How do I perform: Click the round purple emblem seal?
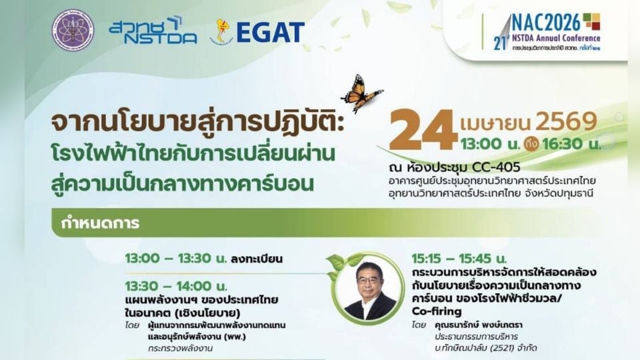pos(73,31)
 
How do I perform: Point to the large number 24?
pos(423,131)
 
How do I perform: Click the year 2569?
pos(566,122)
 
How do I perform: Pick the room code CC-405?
pos(475,167)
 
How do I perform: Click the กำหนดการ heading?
pos(101,223)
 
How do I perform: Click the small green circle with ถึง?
pos(531,143)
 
